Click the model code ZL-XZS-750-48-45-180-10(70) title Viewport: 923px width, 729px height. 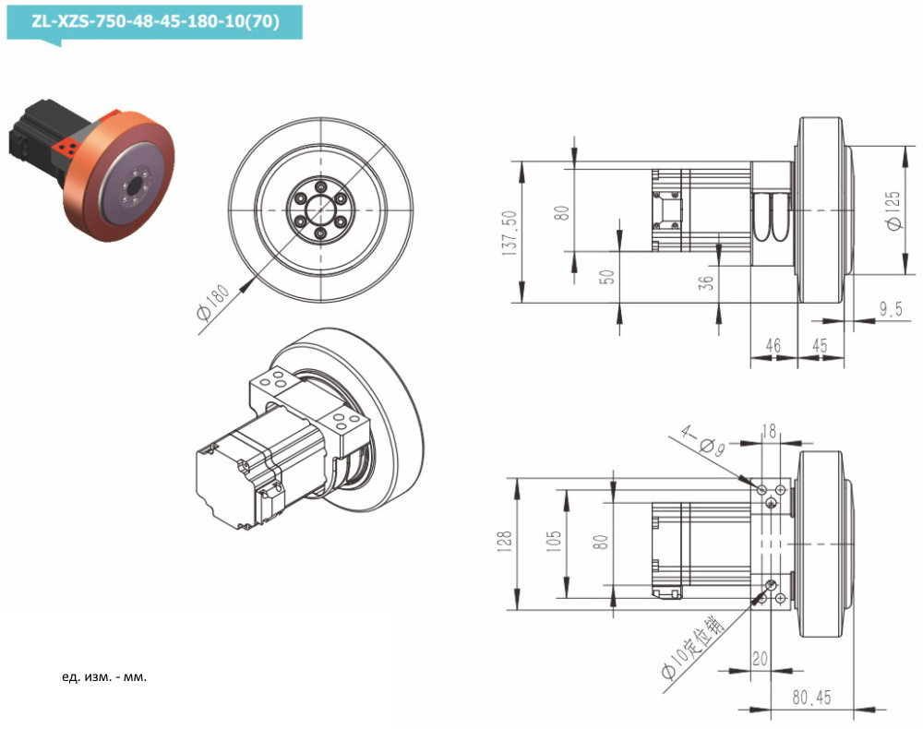coord(153,19)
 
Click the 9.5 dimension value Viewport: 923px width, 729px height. coord(890,310)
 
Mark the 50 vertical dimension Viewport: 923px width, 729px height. coord(605,277)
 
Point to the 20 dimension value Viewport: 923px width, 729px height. coord(761,659)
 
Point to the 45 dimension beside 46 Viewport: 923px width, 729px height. coord(818,346)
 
